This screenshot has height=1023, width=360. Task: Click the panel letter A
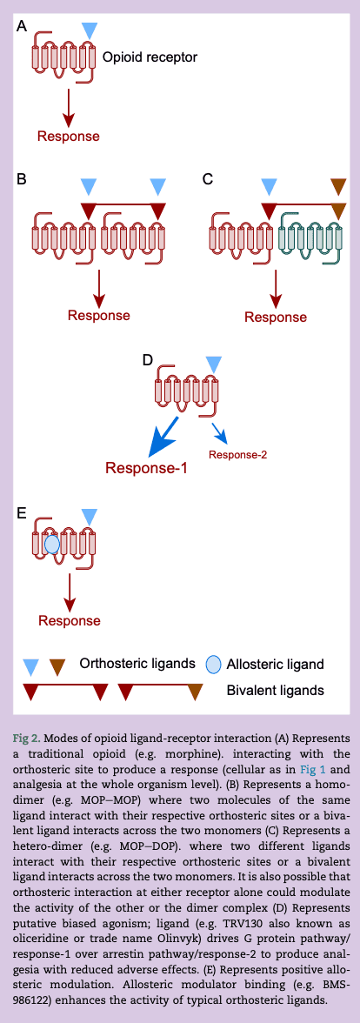coord(23,27)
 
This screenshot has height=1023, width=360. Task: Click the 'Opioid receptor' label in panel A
coord(150,57)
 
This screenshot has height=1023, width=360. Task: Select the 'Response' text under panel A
coord(68,136)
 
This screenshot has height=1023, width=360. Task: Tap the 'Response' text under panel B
coord(99,315)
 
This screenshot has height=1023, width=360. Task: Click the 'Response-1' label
coord(146,467)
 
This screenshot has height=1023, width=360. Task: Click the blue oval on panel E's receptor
coord(51,545)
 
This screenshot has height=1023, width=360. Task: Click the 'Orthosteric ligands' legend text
coord(137,664)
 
